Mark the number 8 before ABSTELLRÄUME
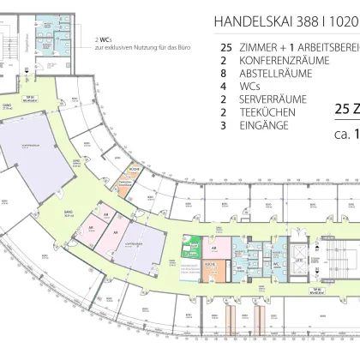tap(224, 74)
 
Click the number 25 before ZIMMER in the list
tap(226, 48)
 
